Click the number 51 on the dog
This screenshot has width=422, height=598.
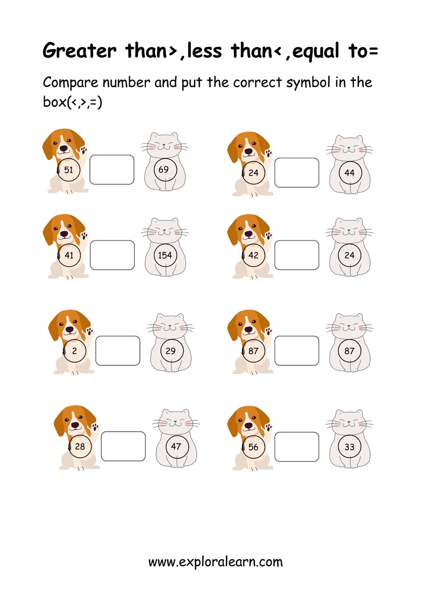coord(69,170)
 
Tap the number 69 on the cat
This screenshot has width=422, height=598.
coord(163,169)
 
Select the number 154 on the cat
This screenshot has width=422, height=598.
coord(165,255)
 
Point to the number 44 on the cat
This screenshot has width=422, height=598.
coord(349,173)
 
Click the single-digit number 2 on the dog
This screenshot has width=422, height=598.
coord(74,351)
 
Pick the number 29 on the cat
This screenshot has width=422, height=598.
coord(171,351)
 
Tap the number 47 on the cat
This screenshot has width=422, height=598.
coord(176,446)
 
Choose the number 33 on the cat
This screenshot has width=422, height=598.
coord(349,447)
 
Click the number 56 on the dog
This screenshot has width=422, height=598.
coord(253,447)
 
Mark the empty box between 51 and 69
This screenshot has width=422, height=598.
coord(112,170)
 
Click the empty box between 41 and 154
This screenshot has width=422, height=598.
coord(112,255)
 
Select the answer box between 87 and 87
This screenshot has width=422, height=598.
coord(297,351)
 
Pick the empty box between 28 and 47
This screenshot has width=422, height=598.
coord(124,446)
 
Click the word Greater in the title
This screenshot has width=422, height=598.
coord(79,50)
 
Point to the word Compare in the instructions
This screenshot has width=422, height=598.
coord(70,83)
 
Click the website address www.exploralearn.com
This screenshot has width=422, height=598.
coord(215,562)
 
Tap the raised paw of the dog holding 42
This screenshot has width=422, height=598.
coord(269,237)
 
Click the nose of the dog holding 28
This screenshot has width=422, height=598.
coord(75,425)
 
